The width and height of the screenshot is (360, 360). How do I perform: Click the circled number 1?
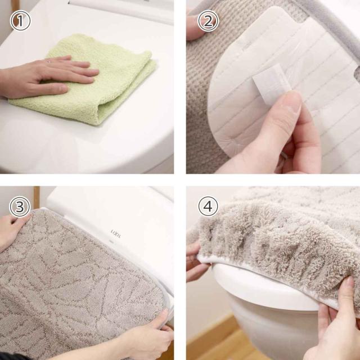[20, 20]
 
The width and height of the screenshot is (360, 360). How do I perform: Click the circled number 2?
[208, 21]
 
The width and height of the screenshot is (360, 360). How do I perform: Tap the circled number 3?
[20, 206]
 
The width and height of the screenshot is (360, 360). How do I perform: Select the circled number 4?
[208, 206]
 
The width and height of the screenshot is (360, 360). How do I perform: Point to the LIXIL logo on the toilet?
[116, 234]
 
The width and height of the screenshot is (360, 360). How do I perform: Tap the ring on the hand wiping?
[48, 61]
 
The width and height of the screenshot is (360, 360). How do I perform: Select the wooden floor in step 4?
[227, 342]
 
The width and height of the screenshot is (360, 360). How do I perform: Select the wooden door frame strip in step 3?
[37, 197]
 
